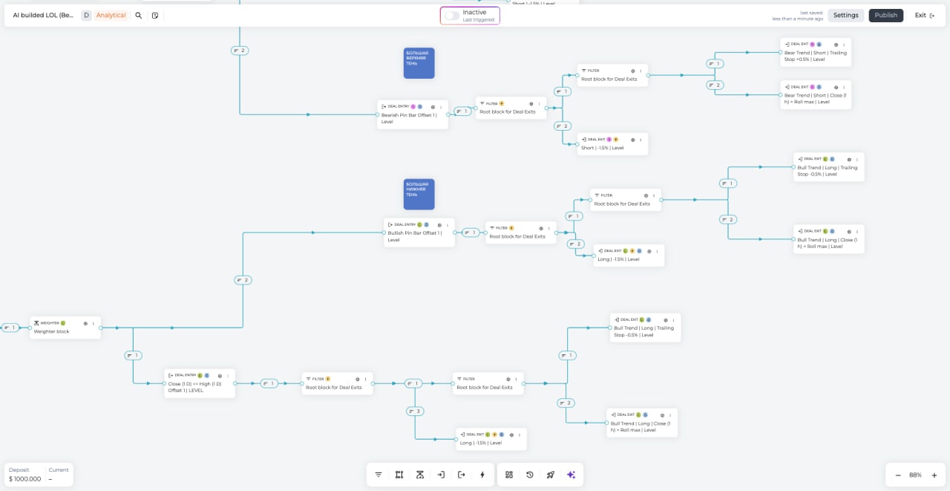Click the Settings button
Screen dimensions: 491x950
coord(845,15)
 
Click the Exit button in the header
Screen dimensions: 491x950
coord(924,15)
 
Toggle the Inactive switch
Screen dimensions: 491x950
coord(452,15)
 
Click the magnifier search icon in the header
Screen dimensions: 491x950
coord(139,15)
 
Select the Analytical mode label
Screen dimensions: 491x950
coord(111,15)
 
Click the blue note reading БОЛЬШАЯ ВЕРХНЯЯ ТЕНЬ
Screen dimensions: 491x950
coord(419,63)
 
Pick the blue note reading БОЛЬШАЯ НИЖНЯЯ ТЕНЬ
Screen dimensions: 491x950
coord(419,194)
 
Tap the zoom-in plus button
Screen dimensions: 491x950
coord(934,475)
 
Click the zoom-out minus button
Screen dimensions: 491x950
coord(898,475)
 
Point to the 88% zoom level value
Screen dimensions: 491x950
coord(915,475)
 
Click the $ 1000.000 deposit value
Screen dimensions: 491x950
coord(25,479)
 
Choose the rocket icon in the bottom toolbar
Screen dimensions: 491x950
coord(551,475)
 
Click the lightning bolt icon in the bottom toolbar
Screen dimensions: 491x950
coord(482,475)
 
